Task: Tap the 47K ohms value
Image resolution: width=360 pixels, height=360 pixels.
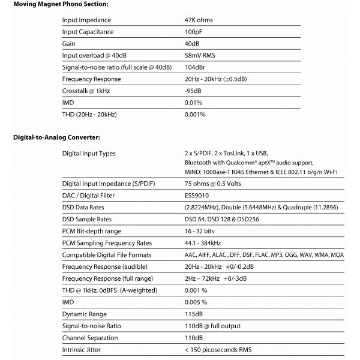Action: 199,20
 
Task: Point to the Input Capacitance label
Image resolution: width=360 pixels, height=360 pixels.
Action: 88,32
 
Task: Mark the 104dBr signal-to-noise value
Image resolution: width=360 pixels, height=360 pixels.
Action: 197,67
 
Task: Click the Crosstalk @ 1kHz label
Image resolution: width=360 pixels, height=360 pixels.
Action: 86,91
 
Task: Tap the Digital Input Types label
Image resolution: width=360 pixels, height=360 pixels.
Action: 89,154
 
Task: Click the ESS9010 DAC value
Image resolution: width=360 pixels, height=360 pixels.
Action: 197,196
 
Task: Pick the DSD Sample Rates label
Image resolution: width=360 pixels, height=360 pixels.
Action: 86,219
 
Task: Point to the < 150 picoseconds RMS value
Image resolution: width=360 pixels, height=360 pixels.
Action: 219,350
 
